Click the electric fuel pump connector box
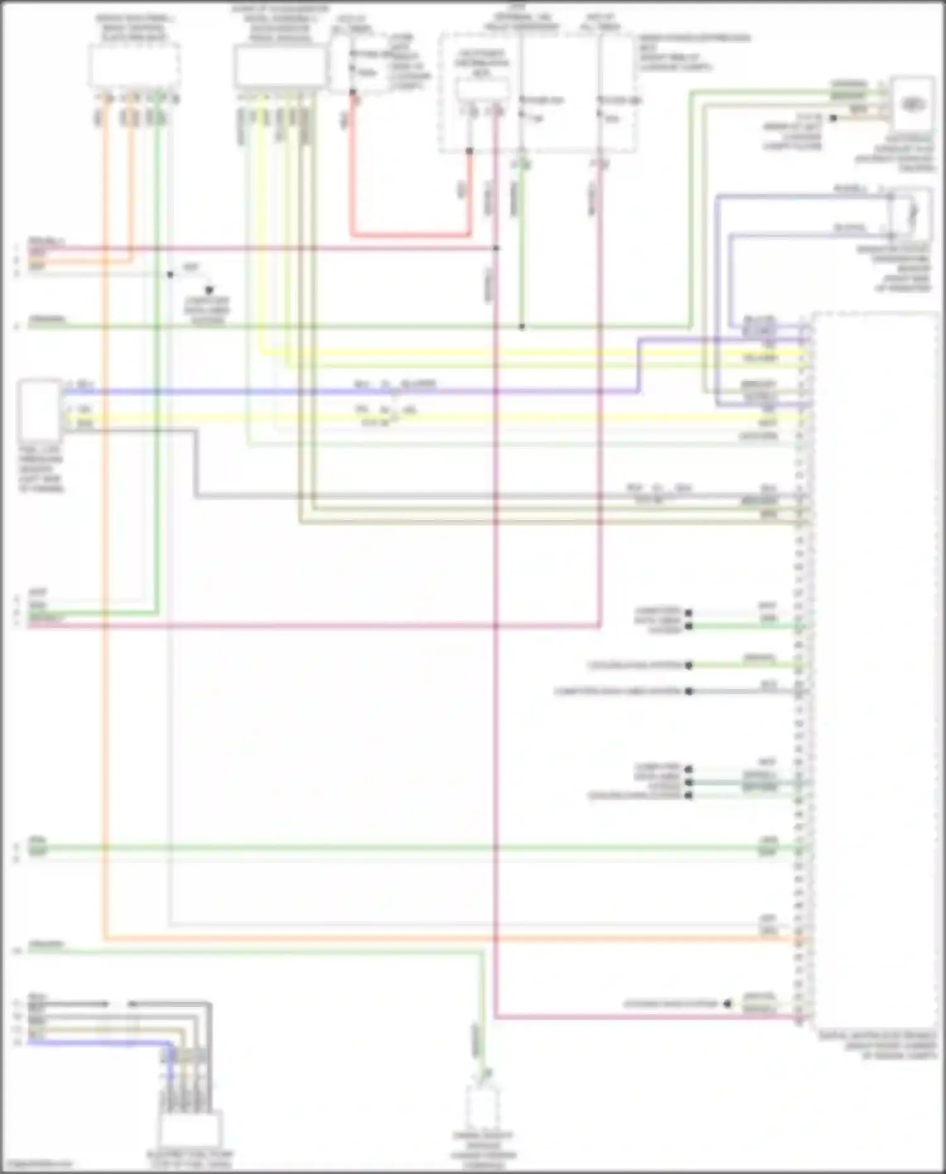190,1130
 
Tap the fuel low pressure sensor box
40,410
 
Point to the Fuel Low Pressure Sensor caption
41,469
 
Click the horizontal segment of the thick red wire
410,235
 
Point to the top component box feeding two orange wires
134,66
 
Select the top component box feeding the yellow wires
279,66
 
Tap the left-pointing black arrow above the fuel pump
132,1004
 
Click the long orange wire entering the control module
441,939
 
